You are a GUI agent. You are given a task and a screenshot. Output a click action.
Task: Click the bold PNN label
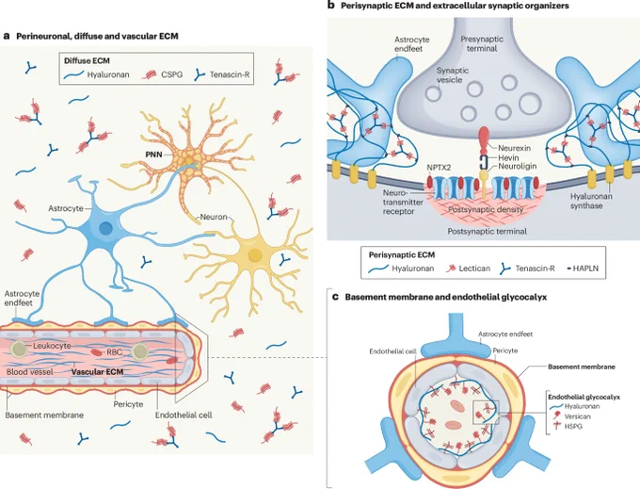pos(153,155)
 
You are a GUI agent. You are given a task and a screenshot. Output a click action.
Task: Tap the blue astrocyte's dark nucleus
pos(105,228)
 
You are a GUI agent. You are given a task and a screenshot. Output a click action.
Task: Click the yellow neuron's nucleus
pos(255,255)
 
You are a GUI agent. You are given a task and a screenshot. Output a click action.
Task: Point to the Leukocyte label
pos(52,346)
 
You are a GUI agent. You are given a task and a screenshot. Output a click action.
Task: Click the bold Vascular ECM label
pos(97,372)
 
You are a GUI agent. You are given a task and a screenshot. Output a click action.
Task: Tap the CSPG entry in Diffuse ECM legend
pos(171,74)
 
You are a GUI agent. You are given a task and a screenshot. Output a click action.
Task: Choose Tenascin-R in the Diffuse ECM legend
pos(230,74)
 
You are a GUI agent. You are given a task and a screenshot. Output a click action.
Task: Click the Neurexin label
pos(514,148)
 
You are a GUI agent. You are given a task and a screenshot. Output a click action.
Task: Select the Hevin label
pos(508,157)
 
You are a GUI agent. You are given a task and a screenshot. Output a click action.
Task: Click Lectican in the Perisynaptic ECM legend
pos(474,269)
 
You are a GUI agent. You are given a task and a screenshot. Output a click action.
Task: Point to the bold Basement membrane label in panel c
pos(582,367)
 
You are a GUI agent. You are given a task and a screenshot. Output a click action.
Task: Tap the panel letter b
pos(331,6)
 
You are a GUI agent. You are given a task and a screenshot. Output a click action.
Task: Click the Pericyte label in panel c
pos(504,350)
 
